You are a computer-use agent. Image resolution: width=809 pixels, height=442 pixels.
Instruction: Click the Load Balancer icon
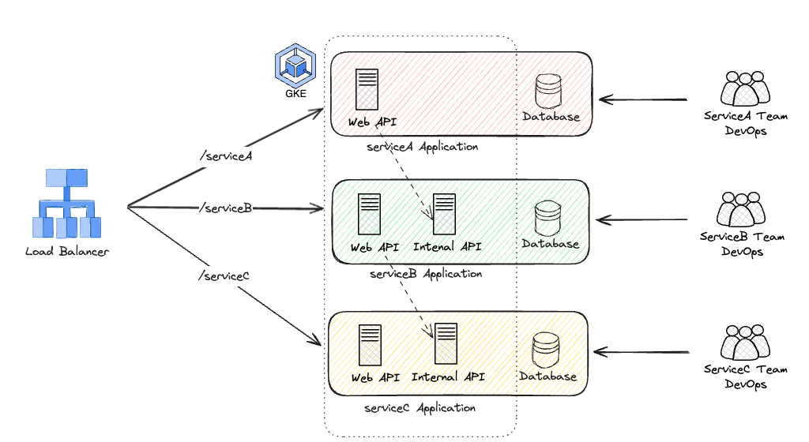(68, 203)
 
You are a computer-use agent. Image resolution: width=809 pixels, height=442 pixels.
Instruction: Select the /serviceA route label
(225, 155)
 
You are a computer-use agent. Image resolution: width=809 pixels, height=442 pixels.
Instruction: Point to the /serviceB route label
(226, 208)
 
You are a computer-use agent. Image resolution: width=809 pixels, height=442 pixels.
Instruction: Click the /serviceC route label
(224, 275)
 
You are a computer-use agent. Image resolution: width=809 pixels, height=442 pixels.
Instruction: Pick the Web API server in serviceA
(366, 89)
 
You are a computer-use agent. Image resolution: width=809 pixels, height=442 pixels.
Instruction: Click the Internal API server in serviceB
(444, 215)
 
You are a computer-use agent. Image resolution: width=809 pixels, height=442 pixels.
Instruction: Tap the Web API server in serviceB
(369, 215)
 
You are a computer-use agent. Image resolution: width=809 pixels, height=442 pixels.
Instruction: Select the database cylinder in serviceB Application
(547, 218)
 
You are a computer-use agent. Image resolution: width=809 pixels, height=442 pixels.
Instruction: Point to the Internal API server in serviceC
(446, 344)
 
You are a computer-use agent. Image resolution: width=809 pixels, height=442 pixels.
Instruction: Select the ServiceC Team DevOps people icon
(745, 341)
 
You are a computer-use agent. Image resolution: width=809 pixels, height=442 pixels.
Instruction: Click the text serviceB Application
(425, 274)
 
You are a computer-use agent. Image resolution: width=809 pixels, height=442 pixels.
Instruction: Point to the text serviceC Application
(420, 408)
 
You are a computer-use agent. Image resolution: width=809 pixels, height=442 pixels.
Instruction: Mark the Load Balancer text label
(67, 252)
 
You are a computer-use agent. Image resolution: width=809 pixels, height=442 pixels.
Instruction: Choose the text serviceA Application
(423, 147)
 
